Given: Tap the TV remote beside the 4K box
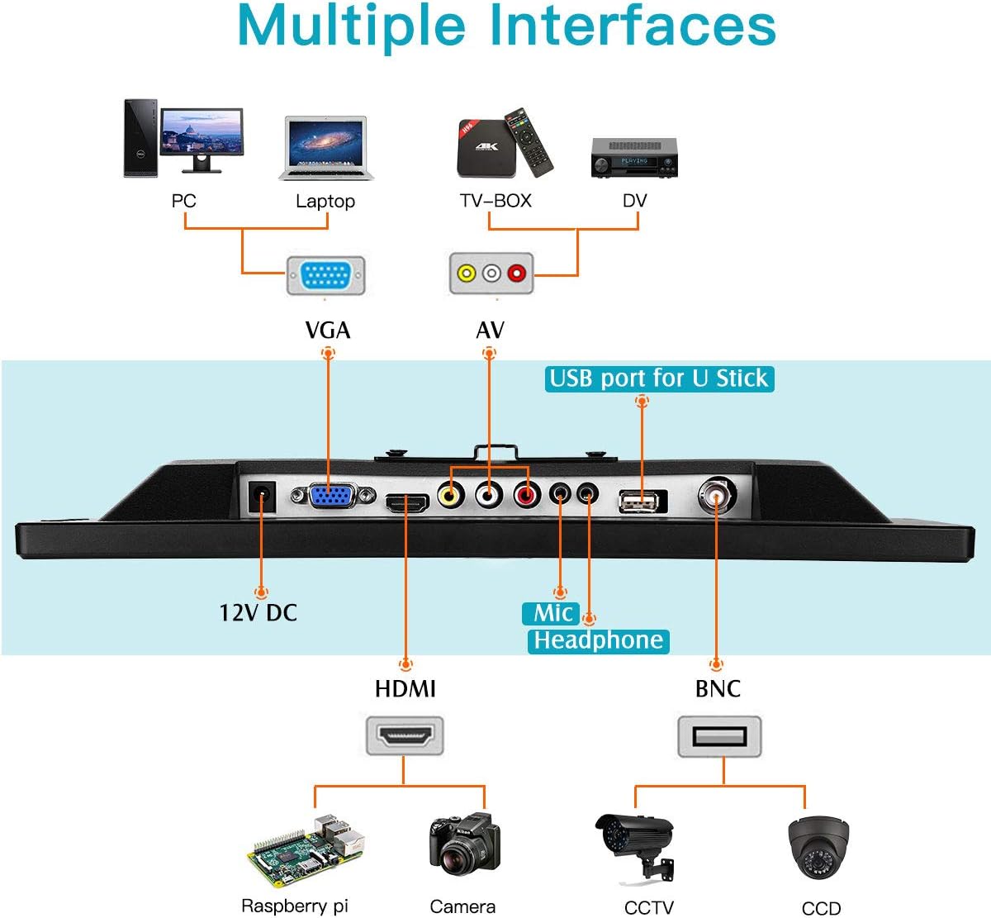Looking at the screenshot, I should coord(529,140).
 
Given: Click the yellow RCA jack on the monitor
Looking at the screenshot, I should coord(450,495).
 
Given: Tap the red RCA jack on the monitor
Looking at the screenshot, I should coord(525,495).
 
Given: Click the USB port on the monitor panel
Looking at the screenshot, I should coord(642,501).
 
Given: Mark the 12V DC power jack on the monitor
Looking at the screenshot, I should coord(262,499).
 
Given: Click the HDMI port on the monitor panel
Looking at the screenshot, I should coord(406,502).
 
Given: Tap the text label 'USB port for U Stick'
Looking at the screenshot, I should coord(659,378).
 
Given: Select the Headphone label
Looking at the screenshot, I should coord(598,640).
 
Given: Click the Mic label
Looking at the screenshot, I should coord(551,613).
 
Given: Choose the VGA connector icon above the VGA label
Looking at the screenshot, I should coord(325,275).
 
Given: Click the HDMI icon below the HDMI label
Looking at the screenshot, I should coord(405,735).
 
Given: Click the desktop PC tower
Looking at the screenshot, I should coord(140,138).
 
